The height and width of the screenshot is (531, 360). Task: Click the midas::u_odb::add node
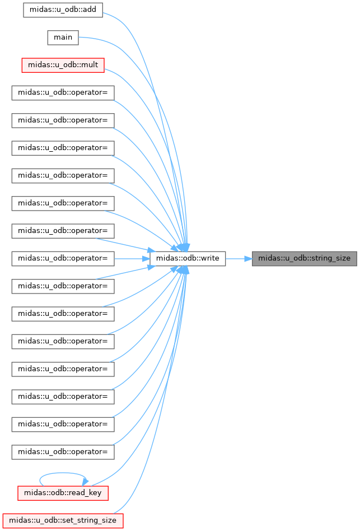63,10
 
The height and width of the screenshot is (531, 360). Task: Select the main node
63,38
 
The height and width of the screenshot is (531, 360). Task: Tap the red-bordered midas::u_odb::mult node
63,65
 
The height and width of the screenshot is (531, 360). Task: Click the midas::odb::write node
188,258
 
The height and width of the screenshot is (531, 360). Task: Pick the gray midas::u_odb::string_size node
304,258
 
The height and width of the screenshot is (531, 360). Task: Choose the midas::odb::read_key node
63,492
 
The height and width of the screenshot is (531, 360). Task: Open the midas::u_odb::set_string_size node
63,520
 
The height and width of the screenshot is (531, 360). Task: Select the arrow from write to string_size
239,258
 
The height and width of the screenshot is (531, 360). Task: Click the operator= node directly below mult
63,92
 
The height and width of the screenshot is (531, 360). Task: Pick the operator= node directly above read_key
63,451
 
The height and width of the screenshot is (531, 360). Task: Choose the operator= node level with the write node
63,258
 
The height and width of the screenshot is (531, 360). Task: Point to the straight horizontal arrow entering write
132,258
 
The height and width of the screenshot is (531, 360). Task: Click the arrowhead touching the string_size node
247,258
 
